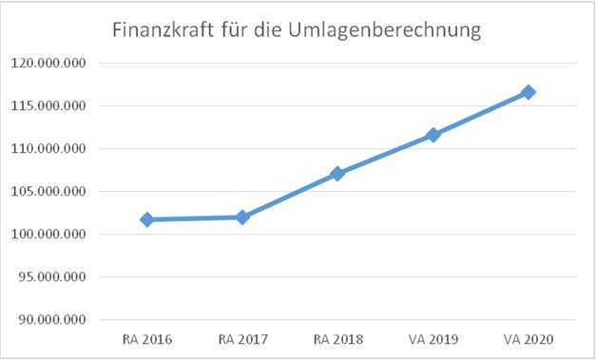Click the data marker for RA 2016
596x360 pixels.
pyautogui.click(x=146, y=219)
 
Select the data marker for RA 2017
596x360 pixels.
pyautogui.click(x=242, y=217)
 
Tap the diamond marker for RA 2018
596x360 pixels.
pyautogui.click(x=337, y=174)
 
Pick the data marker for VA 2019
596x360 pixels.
pyautogui.click(x=433, y=135)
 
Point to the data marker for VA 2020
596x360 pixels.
pyautogui.click(x=529, y=92)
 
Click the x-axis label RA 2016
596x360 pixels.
pyautogui.click(x=146, y=338)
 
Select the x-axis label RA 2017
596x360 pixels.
pyautogui.click(x=242, y=338)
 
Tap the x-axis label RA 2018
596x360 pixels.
pyautogui.click(x=337, y=338)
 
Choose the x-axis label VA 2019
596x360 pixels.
pyautogui.click(x=433, y=338)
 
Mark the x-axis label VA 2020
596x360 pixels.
pyautogui.click(x=529, y=338)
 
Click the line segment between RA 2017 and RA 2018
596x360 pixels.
pyautogui.click(x=290, y=196)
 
